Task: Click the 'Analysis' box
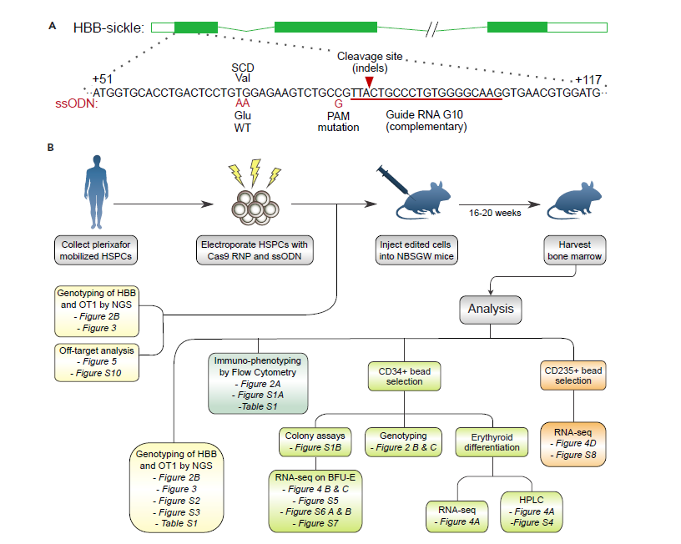coord(492,310)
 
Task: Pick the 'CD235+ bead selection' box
coord(573,375)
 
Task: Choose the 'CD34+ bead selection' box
coord(404,375)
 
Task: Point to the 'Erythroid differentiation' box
coord(492,441)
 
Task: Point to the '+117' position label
coord(588,79)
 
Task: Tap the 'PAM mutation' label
coord(338,121)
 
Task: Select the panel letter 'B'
coord(52,148)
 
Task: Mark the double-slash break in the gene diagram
coord(431,28)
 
